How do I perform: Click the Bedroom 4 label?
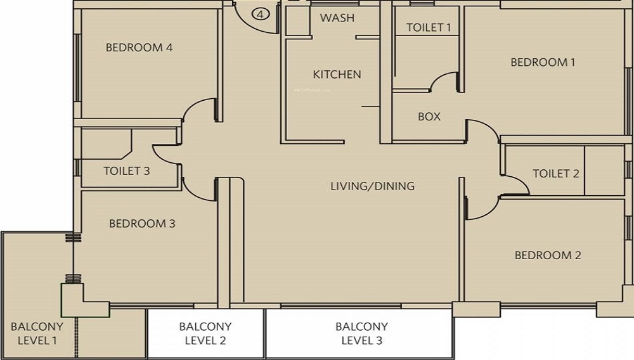coord(139,48)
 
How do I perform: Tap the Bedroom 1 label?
coord(543,62)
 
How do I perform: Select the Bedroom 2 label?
coord(548,255)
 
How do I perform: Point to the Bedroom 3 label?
coord(142,224)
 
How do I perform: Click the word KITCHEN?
coord(337,74)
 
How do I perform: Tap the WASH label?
coord(337,18)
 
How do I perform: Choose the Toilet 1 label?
coord(429,27)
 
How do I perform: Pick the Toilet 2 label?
coord(556,174)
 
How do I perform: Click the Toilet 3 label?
coord(127,171)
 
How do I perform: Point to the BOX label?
coord(429,117)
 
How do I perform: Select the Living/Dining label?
coord(372,186)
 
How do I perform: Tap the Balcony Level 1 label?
coord(37,333)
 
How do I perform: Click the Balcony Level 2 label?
coord(205,333)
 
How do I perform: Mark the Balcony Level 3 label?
coord(362,333)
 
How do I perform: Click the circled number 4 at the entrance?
coord(261,14)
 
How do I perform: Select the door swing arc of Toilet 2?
coord(521,181)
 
